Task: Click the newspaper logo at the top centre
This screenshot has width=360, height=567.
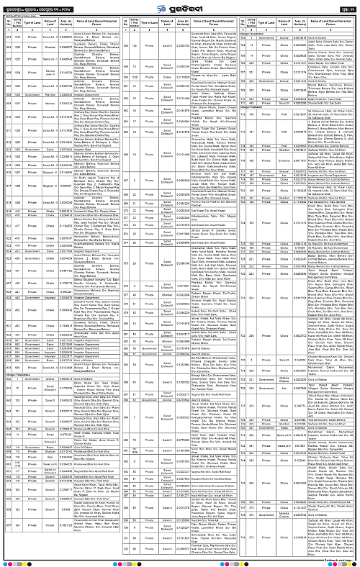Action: tap(179, 8)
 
